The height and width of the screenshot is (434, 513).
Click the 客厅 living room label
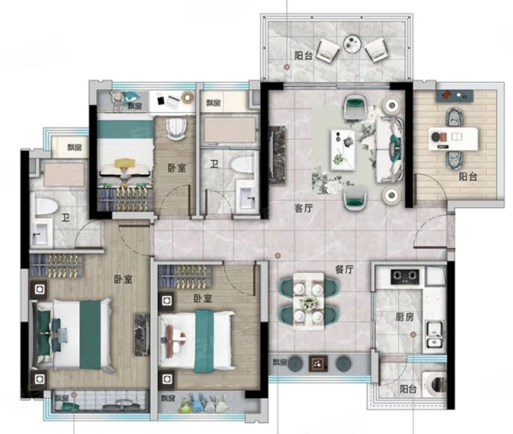pos(303,208)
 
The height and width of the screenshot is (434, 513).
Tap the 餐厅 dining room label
pos(344,269)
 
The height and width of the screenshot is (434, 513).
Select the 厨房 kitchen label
pos(405,317)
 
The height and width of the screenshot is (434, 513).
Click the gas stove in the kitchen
pos(405,276)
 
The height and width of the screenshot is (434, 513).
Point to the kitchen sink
pos(434,333)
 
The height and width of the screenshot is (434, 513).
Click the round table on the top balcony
pos(353,44)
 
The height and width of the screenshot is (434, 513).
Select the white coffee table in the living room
pos(342,150)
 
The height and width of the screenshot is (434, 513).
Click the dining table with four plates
pos(309,301)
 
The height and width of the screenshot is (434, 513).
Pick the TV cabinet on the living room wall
pos(276,156)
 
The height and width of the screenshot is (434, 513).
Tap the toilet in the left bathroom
pos(45,205)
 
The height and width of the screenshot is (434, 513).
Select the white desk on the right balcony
pos(453,139)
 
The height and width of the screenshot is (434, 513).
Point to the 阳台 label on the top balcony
pos(303,56)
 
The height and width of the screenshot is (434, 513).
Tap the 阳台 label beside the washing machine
pos(408,389)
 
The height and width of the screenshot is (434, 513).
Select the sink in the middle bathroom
pos(247,195)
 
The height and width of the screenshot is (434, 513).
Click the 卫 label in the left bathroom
pos(66,218)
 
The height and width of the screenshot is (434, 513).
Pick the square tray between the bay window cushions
pos(318,363)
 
